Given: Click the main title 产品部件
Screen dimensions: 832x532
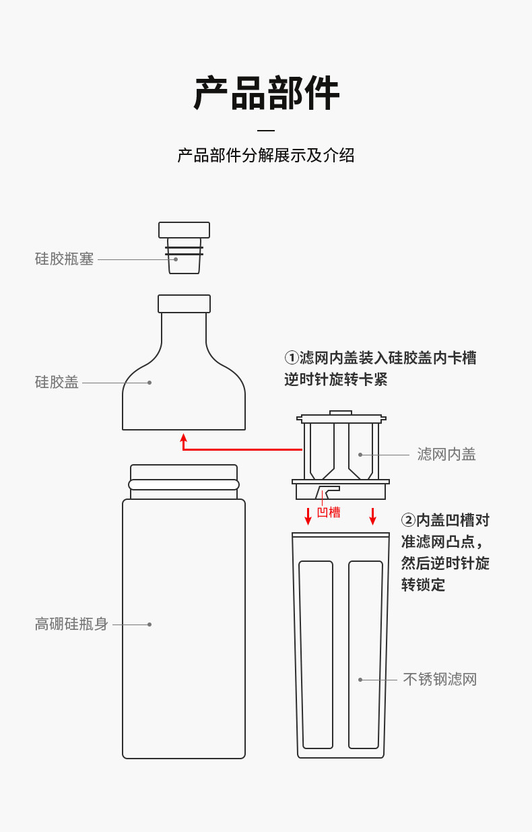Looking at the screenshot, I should coord(266,93).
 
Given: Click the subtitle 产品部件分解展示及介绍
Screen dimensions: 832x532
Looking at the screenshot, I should coord(266,156).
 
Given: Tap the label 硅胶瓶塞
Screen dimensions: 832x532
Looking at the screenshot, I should coord(65,259).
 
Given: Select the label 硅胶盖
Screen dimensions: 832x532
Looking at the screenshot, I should coord(57,383).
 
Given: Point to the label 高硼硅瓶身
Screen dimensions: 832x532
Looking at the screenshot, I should coord(72,625).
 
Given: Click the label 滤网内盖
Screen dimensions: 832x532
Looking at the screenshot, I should coord(446,455).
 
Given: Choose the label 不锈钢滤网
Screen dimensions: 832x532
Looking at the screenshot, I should coord(440,680).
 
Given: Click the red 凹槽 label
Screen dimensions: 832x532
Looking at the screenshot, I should coord(329,513).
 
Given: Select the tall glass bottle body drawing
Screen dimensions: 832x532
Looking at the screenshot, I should coord(184,627).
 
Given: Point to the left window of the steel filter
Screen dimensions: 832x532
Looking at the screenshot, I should coord(316,654).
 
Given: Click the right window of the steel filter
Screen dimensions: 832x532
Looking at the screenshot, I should coord(366,654).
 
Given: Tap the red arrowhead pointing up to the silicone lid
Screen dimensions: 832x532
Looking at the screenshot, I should coord(183,438).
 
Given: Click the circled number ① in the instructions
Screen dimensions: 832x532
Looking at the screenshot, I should coord(292,358).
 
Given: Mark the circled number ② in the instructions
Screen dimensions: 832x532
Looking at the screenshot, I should coord(408,521).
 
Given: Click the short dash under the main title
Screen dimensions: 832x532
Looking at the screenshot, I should coord(266,131).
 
